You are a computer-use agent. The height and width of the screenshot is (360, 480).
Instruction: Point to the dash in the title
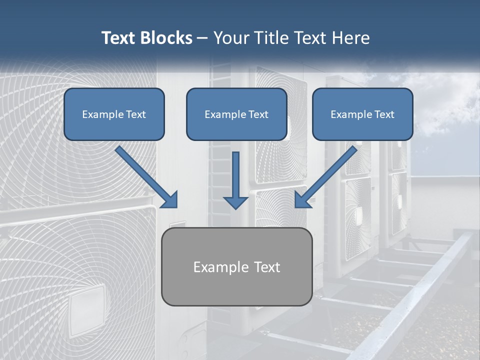[202, 38]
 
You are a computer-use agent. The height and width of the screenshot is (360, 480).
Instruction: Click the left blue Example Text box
[114, 114]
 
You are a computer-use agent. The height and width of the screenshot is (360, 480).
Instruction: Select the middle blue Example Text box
[236, 114]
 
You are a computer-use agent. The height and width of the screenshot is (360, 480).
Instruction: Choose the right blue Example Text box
[362, 114]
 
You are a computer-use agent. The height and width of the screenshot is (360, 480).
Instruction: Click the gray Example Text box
[237, 266]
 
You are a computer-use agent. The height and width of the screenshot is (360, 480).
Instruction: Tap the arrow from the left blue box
[145, 175]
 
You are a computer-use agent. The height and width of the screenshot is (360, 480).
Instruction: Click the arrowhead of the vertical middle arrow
[235, 202]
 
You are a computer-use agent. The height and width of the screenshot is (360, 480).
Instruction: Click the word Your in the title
[227, 38]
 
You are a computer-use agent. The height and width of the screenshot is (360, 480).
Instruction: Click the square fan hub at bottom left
[87, 310]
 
